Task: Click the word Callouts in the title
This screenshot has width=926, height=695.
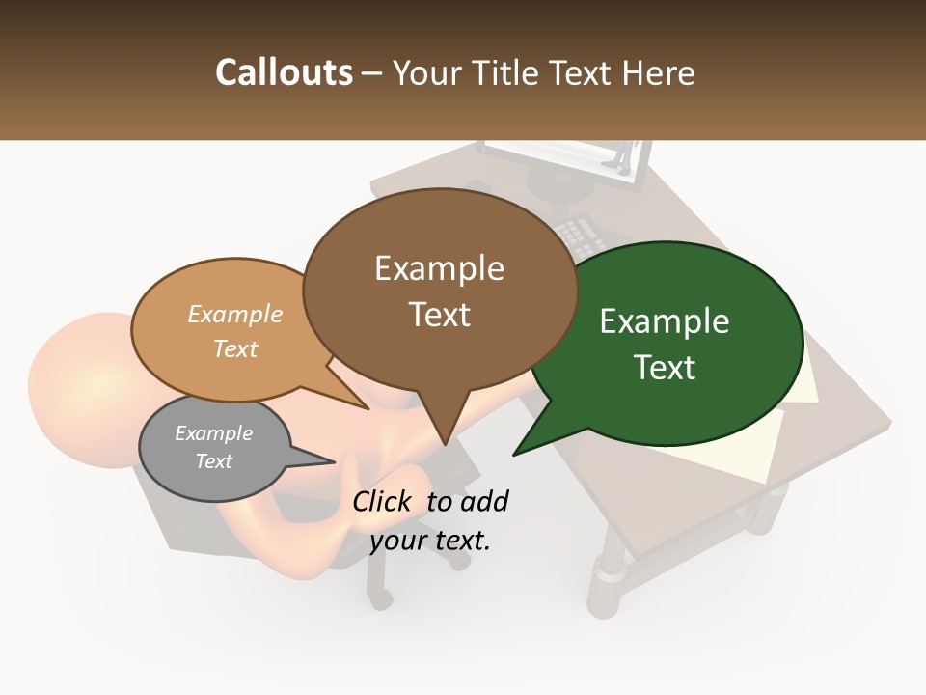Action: tap(284, 72)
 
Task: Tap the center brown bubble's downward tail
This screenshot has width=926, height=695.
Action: tap(444, 425)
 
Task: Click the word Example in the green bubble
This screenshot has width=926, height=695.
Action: tap(665, 321)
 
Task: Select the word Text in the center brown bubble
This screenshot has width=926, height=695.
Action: tap(440, 315)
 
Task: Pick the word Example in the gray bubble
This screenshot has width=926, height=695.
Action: tap(213, 433)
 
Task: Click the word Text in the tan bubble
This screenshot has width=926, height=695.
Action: tap(235, 348)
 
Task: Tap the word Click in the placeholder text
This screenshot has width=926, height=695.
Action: tap(383, 501)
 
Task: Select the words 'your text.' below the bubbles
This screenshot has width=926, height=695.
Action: tap(429, 541)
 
